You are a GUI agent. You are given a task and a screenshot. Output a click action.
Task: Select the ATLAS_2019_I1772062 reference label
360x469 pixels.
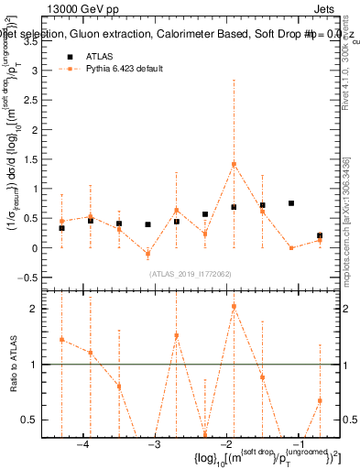190,272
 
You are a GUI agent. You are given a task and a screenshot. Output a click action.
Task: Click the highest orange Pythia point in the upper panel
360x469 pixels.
234,164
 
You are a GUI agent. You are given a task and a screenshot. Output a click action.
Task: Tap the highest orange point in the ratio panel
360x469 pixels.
234,306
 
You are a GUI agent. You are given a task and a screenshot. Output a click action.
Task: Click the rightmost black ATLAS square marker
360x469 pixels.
320,235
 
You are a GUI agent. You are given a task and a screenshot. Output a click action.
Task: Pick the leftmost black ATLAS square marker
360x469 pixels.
61,228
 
